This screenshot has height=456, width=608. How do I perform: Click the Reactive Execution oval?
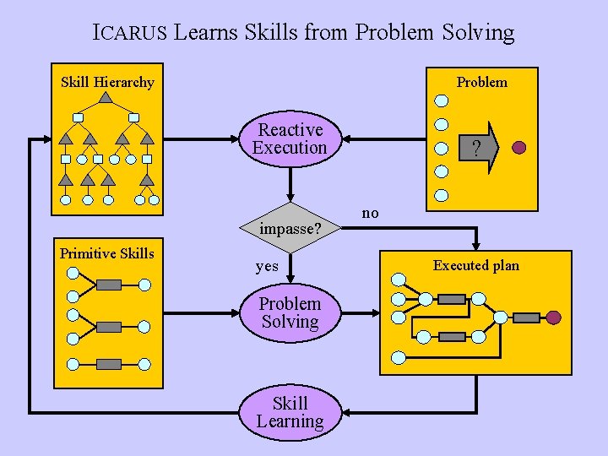pyautogui.click(x=290, y=138)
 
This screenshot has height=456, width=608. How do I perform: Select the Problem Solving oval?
pyautogui.click(x=290, y=312)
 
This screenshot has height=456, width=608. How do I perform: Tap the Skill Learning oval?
pyautogui.click(x=290, y=412)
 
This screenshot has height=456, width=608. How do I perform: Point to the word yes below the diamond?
pyautogui.click(x=267, y=266)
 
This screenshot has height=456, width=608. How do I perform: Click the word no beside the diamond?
pyautogui.click(x=370, y=214)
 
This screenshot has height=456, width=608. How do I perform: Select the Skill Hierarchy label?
pyautogui.click(x=107, y=82)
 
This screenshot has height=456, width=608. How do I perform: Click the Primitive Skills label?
pyautogui.click(x=106, y=253)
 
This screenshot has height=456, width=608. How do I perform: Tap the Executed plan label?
pyautogui.click(x=475, y=265)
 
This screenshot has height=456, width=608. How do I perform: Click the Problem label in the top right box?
pyautogui.click(x=481, y=82)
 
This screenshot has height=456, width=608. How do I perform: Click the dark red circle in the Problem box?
pyautogui.click(x=519, y=148)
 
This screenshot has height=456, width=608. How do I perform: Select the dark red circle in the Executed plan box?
pyautogui.click(x=553, y=318)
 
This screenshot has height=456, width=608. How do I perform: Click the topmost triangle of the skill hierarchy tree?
pyautogui.click(x=106, y=98)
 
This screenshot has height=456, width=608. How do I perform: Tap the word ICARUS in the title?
pyautogui.click(x=131, y=33)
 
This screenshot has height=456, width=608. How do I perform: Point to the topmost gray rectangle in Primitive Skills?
pyautogui.click(x=109, y=285)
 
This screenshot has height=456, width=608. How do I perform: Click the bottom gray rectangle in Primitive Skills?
pyautogui.click(x=109, y=364)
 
